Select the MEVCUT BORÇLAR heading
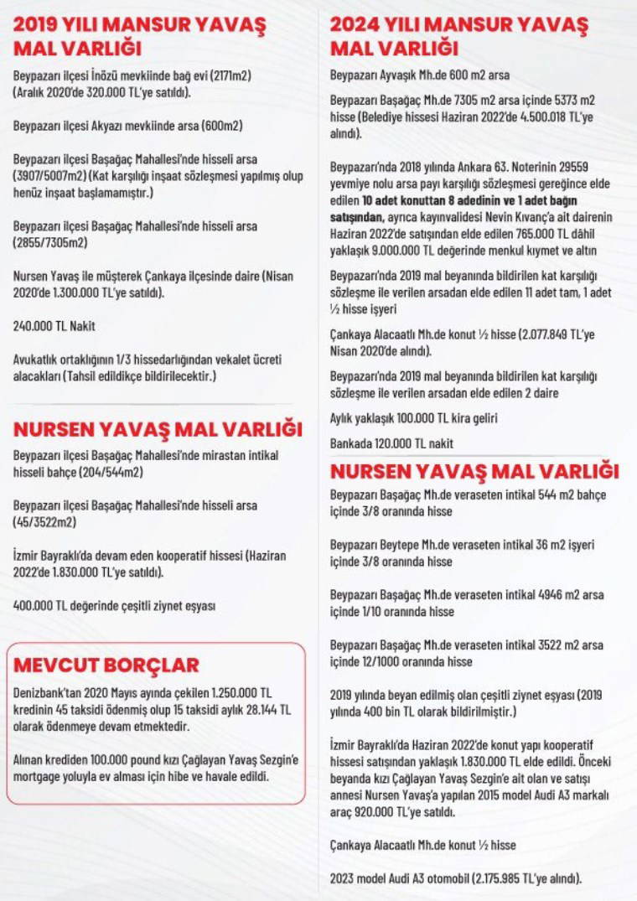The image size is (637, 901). [x=106, y=665]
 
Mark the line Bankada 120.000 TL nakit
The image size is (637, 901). [x=391, y=443]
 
